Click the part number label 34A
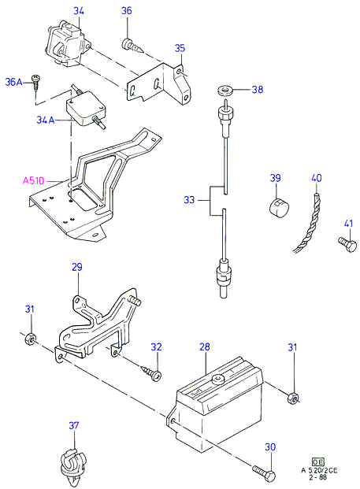tap(45, 120)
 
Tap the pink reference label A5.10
tap(33, 180)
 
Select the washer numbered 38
tap(225, 91)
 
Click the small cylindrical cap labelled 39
tap(279, 208)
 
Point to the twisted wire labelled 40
tap(309, 223)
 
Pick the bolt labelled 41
tap(347, 244)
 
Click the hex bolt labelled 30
tap(264, 473)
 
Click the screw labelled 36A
tap(36, 83)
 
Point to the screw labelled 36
tap(132, 46)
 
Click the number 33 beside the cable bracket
tap(189, 199)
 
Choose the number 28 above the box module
tap(205, 346)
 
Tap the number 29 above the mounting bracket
tap(77, 267)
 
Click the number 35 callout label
tap(180, 48)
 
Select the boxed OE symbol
tap(318, 462)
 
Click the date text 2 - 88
tap(318, 477)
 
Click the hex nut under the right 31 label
tap(293, 398)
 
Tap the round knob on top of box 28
tap(217, 380)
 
